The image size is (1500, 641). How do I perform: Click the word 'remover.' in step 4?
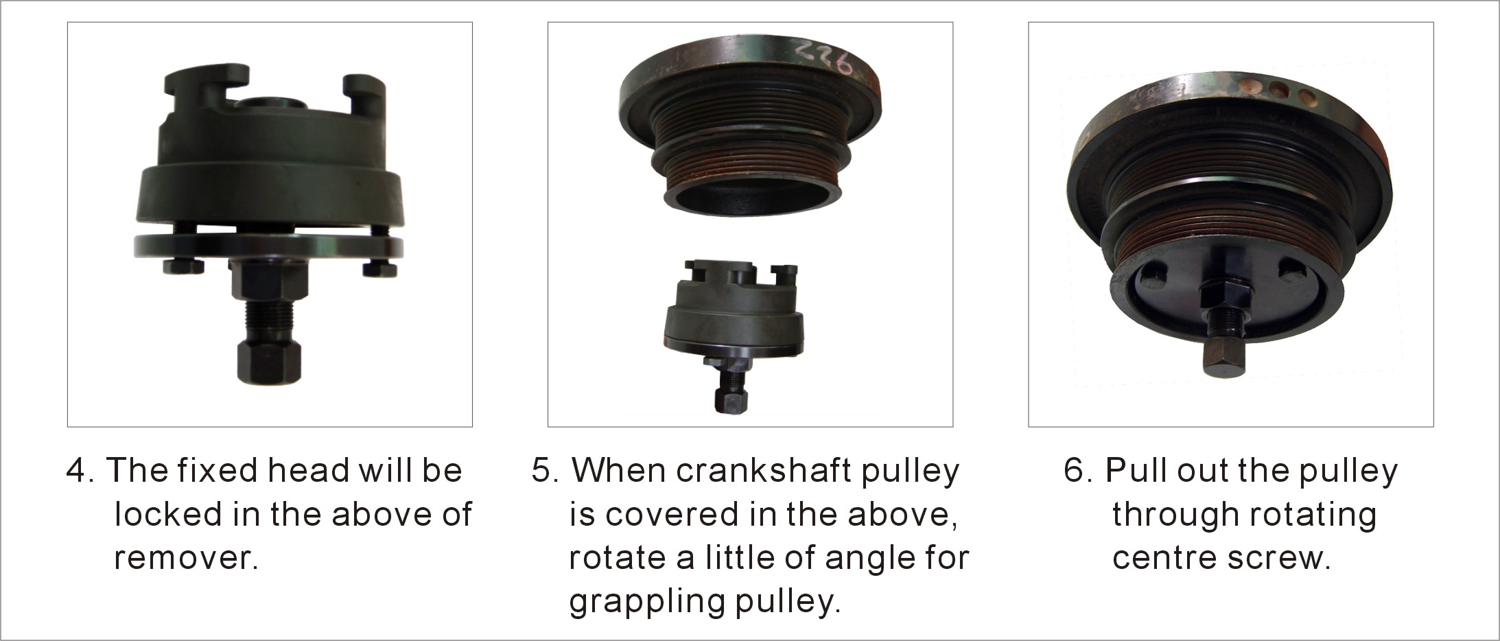tap(186, 559)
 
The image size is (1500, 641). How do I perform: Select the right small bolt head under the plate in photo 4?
tap(379, 268)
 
